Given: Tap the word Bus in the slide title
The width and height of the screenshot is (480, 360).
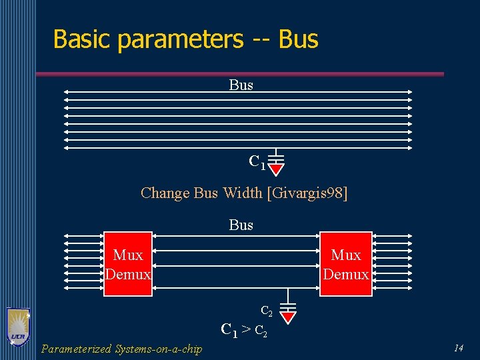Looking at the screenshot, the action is (299, 39).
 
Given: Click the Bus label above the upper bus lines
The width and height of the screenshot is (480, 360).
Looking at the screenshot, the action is (241, 85).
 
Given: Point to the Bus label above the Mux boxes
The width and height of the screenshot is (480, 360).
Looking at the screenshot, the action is (241, 225).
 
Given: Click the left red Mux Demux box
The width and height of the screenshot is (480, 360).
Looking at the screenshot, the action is (128, 264).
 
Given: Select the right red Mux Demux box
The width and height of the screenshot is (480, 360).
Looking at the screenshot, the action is (345, 264).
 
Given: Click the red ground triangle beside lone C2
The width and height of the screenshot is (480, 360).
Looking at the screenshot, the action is (288, 316).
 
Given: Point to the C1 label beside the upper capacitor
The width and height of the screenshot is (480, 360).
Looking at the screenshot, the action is (257, 162).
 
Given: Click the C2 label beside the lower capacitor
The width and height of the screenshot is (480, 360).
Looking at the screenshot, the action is (266, 311).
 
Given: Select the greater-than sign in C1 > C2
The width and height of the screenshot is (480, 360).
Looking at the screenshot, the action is (245, 329).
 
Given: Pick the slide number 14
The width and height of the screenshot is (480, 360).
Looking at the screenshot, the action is (458, 347).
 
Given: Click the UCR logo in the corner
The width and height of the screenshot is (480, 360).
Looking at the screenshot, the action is (18, 327).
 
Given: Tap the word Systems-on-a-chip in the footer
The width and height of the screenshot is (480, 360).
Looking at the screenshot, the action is (159, 349).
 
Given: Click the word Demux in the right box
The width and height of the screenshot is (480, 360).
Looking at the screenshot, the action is (345, 274).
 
